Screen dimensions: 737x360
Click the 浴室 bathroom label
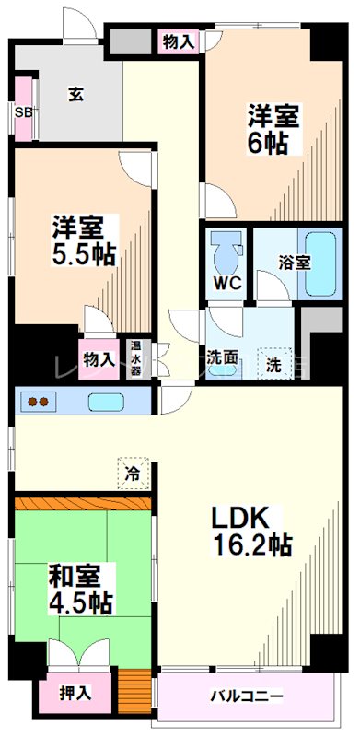click(x=295, y=262)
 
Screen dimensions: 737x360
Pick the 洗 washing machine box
click(x=274, y=363)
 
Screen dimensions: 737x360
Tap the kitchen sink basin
click(x=109, y=403)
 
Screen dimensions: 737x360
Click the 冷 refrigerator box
click(x=132, y=474)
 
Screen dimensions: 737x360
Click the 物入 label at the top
click(x=178, y=41)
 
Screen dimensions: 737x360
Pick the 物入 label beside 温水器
click(x=99, y=359)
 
